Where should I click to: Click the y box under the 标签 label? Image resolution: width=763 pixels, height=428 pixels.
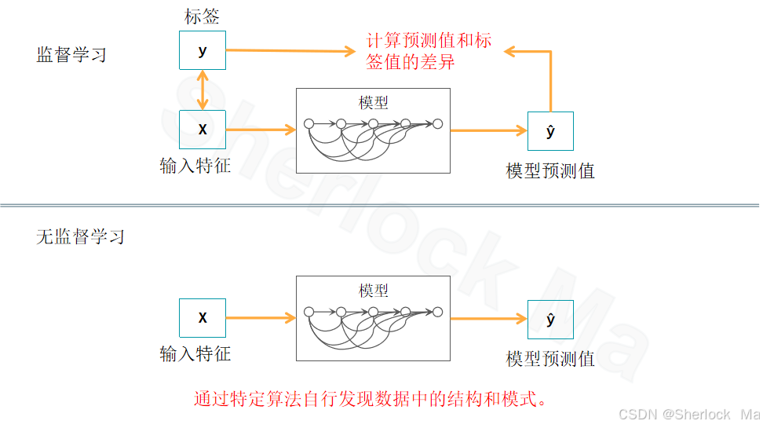[203, 51]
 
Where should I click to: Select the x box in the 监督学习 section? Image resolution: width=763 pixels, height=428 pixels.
[203, 130]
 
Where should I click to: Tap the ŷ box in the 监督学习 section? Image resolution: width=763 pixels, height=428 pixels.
[550, 131]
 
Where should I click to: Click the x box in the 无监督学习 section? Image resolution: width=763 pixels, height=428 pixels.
[203, 318]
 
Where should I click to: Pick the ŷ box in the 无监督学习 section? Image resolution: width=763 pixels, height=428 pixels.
[550, 319]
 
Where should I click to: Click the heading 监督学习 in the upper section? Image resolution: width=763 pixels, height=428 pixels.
[71, 55]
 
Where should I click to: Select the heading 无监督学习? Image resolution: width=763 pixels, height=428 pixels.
[81, 236]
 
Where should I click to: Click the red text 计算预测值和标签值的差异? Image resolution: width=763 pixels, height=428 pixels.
[428, 51]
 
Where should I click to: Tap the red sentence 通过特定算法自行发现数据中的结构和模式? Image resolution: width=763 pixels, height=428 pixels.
[370, 398]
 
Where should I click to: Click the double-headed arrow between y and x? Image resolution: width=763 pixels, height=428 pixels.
[203, 90]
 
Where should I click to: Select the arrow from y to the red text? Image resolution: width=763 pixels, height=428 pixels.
[290, 51]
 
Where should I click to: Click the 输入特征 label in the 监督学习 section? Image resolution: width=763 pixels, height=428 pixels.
[195, 166]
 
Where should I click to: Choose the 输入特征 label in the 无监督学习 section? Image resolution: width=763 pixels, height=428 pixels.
[195, 353]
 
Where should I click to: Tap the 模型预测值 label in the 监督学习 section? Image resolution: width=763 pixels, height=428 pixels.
[550, 170]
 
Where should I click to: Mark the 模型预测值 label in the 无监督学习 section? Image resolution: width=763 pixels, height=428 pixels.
[550, 359]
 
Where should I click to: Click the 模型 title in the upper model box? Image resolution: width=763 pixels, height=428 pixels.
[373, 103]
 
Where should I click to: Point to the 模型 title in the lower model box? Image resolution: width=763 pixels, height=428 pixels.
[374, 291]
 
